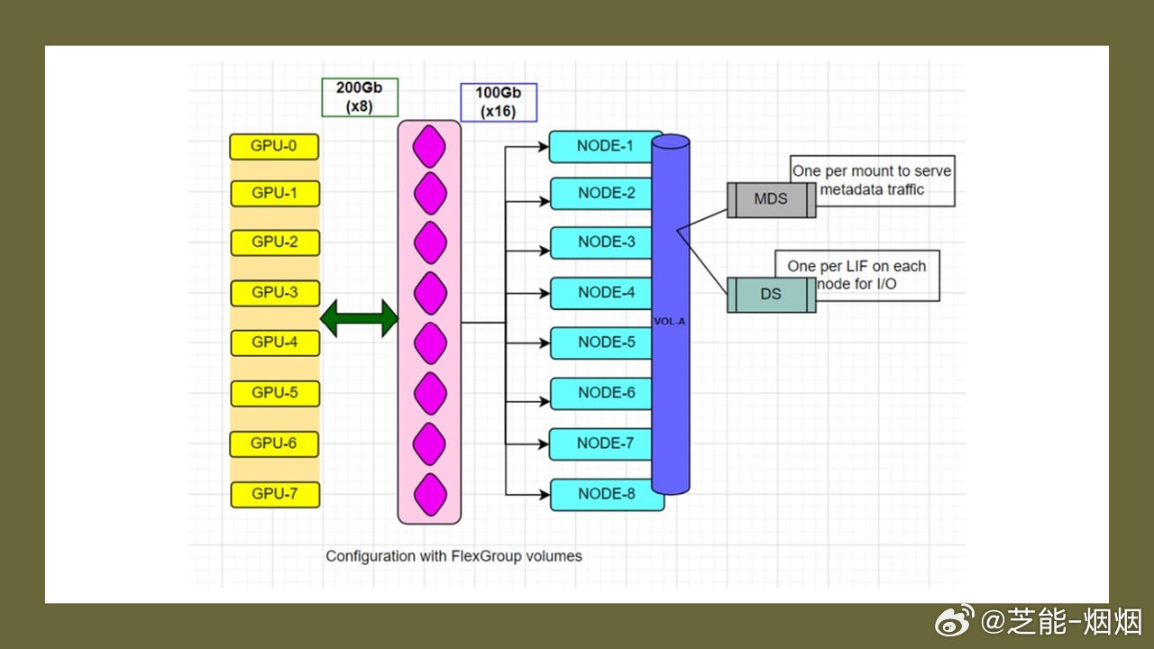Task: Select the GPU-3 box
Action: pos(275,293)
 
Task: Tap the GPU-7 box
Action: pos(275,494)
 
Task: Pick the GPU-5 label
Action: pos(275,393)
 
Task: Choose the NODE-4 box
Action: pos(602,293)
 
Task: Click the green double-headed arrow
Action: pos(359,318)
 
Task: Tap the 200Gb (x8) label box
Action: pos(359,97)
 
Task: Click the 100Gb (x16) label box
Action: pos(499,102)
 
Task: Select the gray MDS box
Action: pos(771,199)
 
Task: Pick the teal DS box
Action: pos(771,295)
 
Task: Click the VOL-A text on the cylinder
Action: pos(670,320)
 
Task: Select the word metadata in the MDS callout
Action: pos(851,189)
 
